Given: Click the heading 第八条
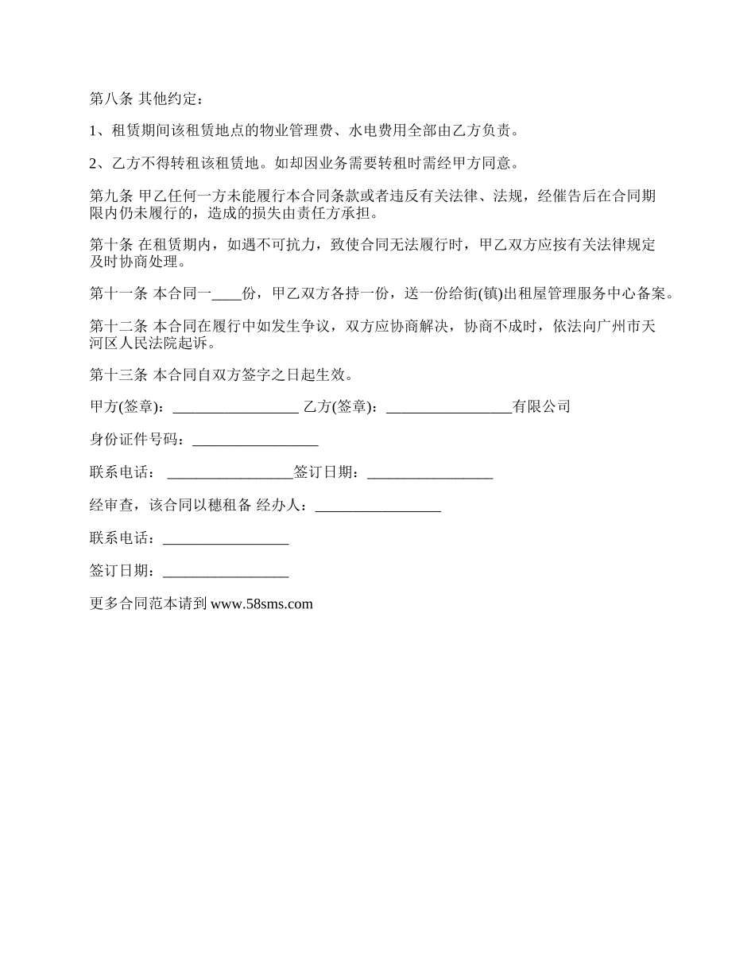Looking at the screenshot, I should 112,99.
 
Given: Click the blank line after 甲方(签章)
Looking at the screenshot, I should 235,407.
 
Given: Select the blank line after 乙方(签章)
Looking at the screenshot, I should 449,407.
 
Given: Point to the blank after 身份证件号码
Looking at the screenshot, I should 255,440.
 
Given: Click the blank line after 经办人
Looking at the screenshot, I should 378,506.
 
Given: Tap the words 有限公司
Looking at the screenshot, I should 542,407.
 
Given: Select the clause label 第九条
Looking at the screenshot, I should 112,196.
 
